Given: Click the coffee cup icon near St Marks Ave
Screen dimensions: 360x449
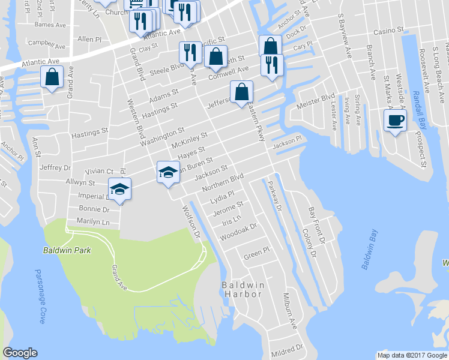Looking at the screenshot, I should tap(394, 120).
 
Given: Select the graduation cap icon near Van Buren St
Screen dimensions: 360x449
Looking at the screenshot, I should tap(168, 172).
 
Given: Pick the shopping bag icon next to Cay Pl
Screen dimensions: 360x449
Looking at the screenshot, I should tap(270, 46).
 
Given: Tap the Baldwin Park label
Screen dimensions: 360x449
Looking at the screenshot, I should tap(67, 250).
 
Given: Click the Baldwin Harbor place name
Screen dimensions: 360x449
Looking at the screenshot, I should tap(243, 289).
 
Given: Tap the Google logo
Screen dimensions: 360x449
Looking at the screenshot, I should tap(20, 353).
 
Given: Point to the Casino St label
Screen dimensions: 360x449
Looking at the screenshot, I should tap(388, 30).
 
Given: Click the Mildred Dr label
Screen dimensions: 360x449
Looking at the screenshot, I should tap(286, 349).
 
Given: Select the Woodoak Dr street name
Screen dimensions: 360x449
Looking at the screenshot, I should tap(238, 232).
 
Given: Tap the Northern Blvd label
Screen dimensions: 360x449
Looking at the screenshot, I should tap(223, 182).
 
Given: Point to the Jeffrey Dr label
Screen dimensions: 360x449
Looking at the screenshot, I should tap(56, 169).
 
